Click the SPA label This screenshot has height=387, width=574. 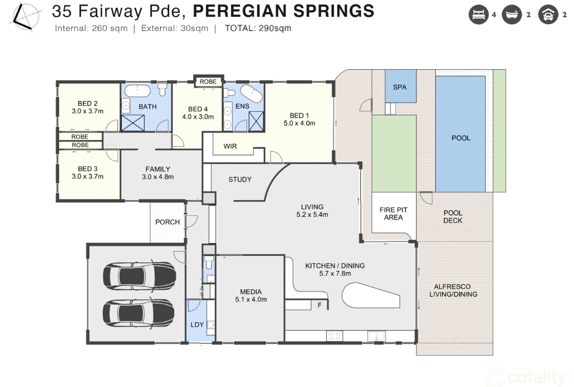coord(400,87)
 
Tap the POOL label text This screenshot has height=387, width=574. coord(461,138)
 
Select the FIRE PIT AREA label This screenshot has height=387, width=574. coord(394,214)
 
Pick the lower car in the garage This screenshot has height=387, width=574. coord(138,313)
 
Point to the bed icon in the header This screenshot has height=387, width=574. coord(478,15)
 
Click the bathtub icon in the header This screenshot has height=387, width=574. coord(512,15)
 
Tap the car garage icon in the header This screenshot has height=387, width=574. coord(548,15)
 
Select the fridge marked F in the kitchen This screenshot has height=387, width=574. coord(319,305)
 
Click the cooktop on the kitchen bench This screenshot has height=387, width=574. coord(334,336)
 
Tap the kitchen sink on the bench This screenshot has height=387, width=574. coord(376,336)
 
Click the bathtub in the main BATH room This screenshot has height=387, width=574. coord(138,91)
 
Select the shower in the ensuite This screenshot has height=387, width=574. coord(256,122)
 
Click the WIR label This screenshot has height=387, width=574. coord(230,146)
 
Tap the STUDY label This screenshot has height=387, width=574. coord(240,179)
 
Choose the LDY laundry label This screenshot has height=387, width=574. coord(197,325)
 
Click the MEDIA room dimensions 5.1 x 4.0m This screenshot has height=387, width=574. coord(251,300)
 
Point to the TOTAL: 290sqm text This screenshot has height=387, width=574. coord(258,28)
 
